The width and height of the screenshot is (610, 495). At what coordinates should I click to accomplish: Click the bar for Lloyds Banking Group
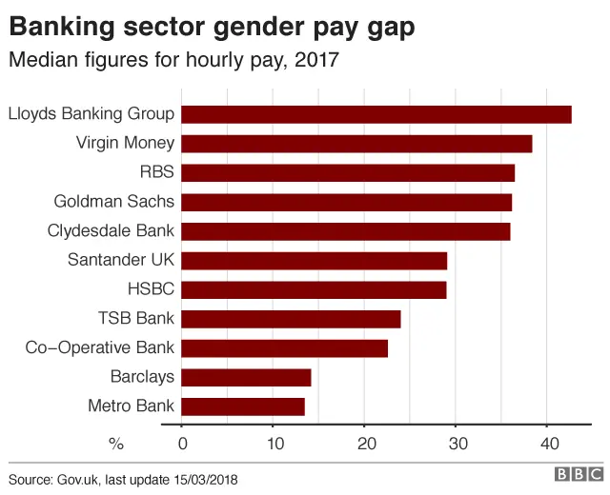[376, 114]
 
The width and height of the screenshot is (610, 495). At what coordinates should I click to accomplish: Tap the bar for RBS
[347, 172]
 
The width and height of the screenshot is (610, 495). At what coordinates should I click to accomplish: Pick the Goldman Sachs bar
[346, 202]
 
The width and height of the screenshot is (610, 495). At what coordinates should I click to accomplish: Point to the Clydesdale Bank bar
[345, 231]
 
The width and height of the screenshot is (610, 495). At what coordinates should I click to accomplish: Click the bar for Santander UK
[314, 261]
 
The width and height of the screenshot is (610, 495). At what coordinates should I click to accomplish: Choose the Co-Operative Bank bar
[284, 348]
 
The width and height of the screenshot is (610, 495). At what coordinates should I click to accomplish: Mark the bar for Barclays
[246, 377]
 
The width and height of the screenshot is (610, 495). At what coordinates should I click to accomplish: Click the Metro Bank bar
[242, 406]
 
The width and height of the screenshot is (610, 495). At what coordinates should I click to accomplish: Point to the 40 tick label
[547, 444]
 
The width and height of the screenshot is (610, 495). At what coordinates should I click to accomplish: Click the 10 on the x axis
[273, 444]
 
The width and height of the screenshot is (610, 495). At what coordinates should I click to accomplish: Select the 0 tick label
[182, 444]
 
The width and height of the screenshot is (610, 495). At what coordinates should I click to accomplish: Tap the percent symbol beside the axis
[117, 444]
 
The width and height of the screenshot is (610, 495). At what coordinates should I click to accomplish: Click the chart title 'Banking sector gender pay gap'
[212, 28]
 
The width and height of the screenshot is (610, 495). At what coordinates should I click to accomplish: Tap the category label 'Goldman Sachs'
[114, 202]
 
